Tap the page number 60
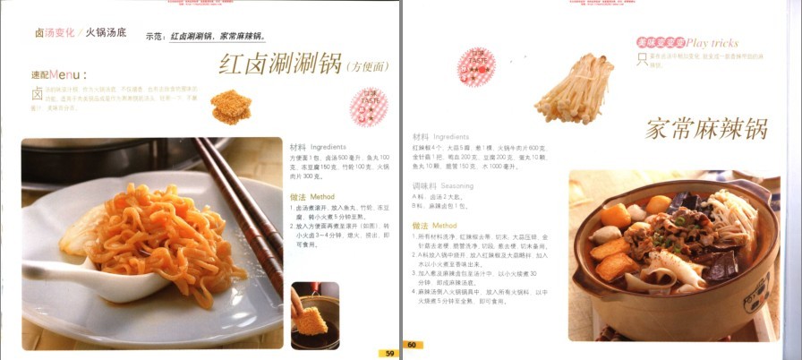(413, 345)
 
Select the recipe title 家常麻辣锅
(706, 128)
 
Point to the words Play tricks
(712, 42)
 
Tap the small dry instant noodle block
(230, 107)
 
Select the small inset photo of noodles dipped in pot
(314, 315)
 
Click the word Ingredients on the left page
(328, 147)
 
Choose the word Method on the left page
(322, 196)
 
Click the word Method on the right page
(445, 226)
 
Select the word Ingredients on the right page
(451, 136)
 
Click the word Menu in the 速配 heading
(66, 73)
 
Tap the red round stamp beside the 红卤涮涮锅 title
(368, 104)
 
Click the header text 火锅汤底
(107, 32)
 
